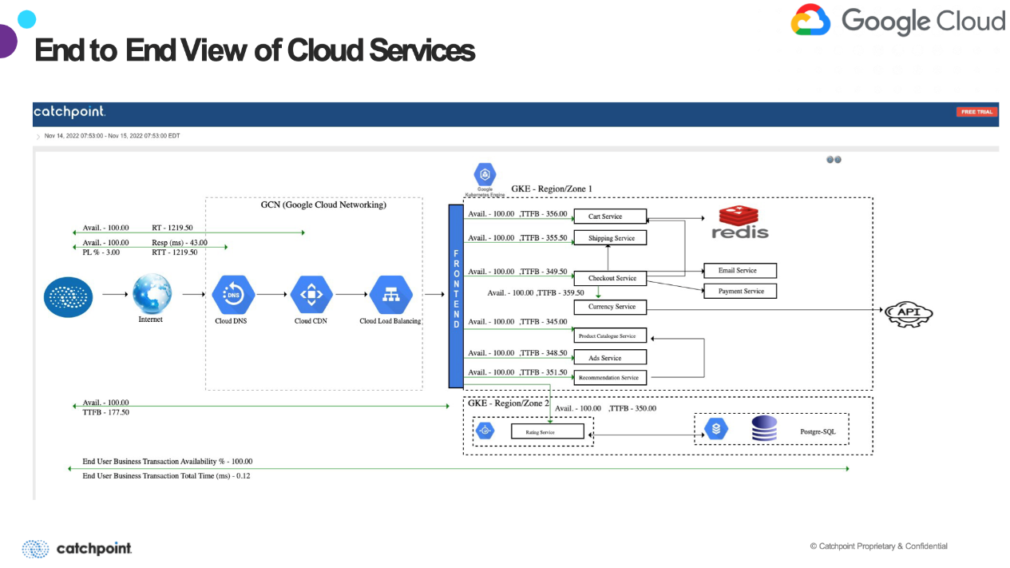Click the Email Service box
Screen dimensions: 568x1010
(x=739, y=271)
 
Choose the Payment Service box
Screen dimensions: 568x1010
(x=739, y=292)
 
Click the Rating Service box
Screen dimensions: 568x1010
(x=547, y=432)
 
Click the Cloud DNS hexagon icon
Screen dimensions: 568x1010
(x=233, y=295)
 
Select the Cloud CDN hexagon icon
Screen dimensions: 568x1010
(x=311, y=295)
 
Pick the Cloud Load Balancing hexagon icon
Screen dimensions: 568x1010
(x=390, y=295)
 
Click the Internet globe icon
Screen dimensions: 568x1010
(x=152, y=293)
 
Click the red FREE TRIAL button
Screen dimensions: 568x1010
(x=976, y=112)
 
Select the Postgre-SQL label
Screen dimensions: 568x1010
(x=818, y=432)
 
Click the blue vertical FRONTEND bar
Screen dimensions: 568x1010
(x=456, y=296)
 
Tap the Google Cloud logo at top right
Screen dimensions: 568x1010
(x=897, y=21)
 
